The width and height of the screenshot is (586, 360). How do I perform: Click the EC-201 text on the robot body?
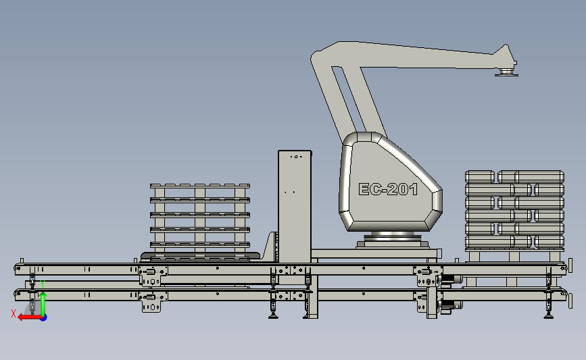388,189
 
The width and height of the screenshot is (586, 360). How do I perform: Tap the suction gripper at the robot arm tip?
506,72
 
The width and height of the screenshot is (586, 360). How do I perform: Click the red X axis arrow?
30,317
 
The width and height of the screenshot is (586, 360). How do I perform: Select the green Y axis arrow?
43,304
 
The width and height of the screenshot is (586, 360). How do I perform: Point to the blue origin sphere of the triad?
43,318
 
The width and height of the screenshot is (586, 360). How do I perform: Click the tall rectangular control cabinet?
295,207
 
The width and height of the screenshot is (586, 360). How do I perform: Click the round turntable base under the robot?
393,239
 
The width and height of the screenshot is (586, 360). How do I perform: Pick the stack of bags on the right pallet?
514,210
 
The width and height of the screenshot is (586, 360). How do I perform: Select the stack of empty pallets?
200,222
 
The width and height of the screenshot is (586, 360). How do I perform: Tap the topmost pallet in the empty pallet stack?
200,186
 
